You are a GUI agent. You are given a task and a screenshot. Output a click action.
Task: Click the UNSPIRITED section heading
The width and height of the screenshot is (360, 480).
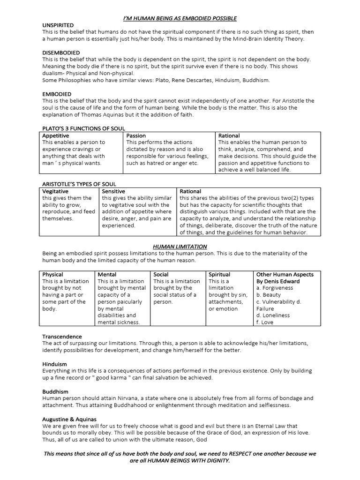[58, 25]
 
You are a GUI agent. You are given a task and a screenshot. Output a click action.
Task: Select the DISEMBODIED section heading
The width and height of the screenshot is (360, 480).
[61, 52]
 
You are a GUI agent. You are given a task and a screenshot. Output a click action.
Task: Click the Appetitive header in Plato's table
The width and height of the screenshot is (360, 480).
[56, 135]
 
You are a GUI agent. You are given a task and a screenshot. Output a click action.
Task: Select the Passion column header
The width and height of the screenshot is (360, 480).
[136, 135]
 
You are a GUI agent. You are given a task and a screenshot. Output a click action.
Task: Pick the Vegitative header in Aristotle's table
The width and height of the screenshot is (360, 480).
[55, 191]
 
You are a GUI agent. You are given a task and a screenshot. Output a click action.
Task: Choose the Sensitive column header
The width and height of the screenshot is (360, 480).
[113, 191]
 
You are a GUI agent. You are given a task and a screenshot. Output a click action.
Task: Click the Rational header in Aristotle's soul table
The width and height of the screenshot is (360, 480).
[190, 191]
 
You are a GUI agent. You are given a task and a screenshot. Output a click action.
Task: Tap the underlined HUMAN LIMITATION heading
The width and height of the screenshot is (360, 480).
[180, 247]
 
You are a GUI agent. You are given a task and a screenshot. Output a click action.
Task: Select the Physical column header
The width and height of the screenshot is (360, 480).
[52, 274]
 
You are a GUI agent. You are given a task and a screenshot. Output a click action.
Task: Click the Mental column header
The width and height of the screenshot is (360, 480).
[107, 274]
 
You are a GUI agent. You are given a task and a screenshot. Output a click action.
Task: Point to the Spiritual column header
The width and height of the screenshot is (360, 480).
[219, 274]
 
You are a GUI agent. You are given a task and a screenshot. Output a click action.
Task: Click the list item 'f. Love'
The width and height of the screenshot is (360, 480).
[265, 322]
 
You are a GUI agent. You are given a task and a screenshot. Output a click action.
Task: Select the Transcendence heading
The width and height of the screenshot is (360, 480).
[62, 337]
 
